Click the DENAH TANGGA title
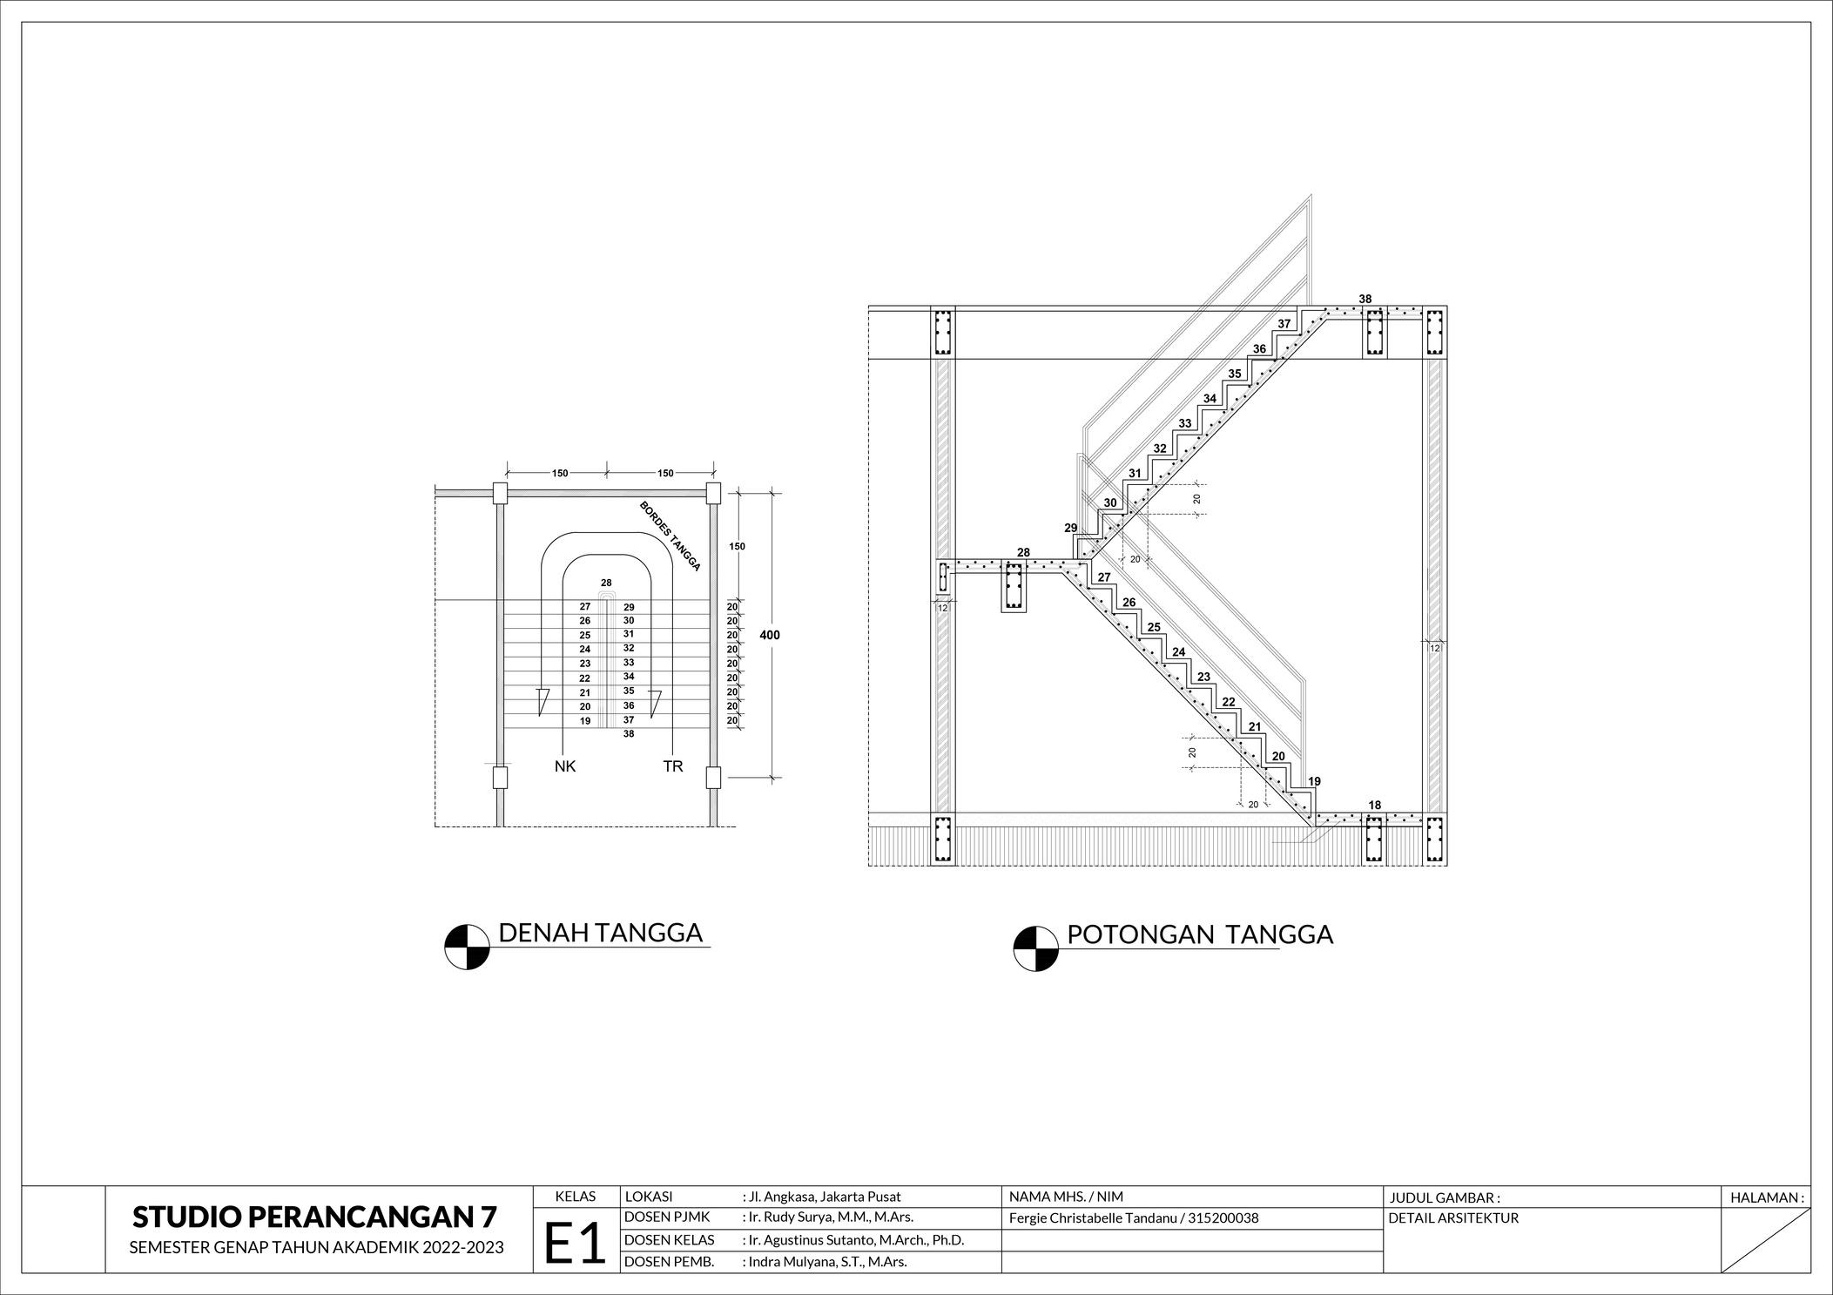pos(600,933)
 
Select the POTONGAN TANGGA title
pos(1200,934)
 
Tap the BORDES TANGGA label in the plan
pos(670,536)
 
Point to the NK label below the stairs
pos(565,767)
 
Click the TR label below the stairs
pos(673,767)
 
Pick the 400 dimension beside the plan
pos(770,636)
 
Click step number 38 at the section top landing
pos(1365,300)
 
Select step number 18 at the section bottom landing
pos(1374,806)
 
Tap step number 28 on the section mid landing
pos(1023,553)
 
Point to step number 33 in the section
pos(1184,424)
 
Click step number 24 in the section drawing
pos(1178,652)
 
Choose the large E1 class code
pos(575,1243)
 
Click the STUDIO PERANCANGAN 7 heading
pos(315,1217)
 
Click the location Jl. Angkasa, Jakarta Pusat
pos(824,1197)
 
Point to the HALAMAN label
pos(1767,1197)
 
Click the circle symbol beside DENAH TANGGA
pos(467,947)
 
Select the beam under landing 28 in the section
pos(1014,588)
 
